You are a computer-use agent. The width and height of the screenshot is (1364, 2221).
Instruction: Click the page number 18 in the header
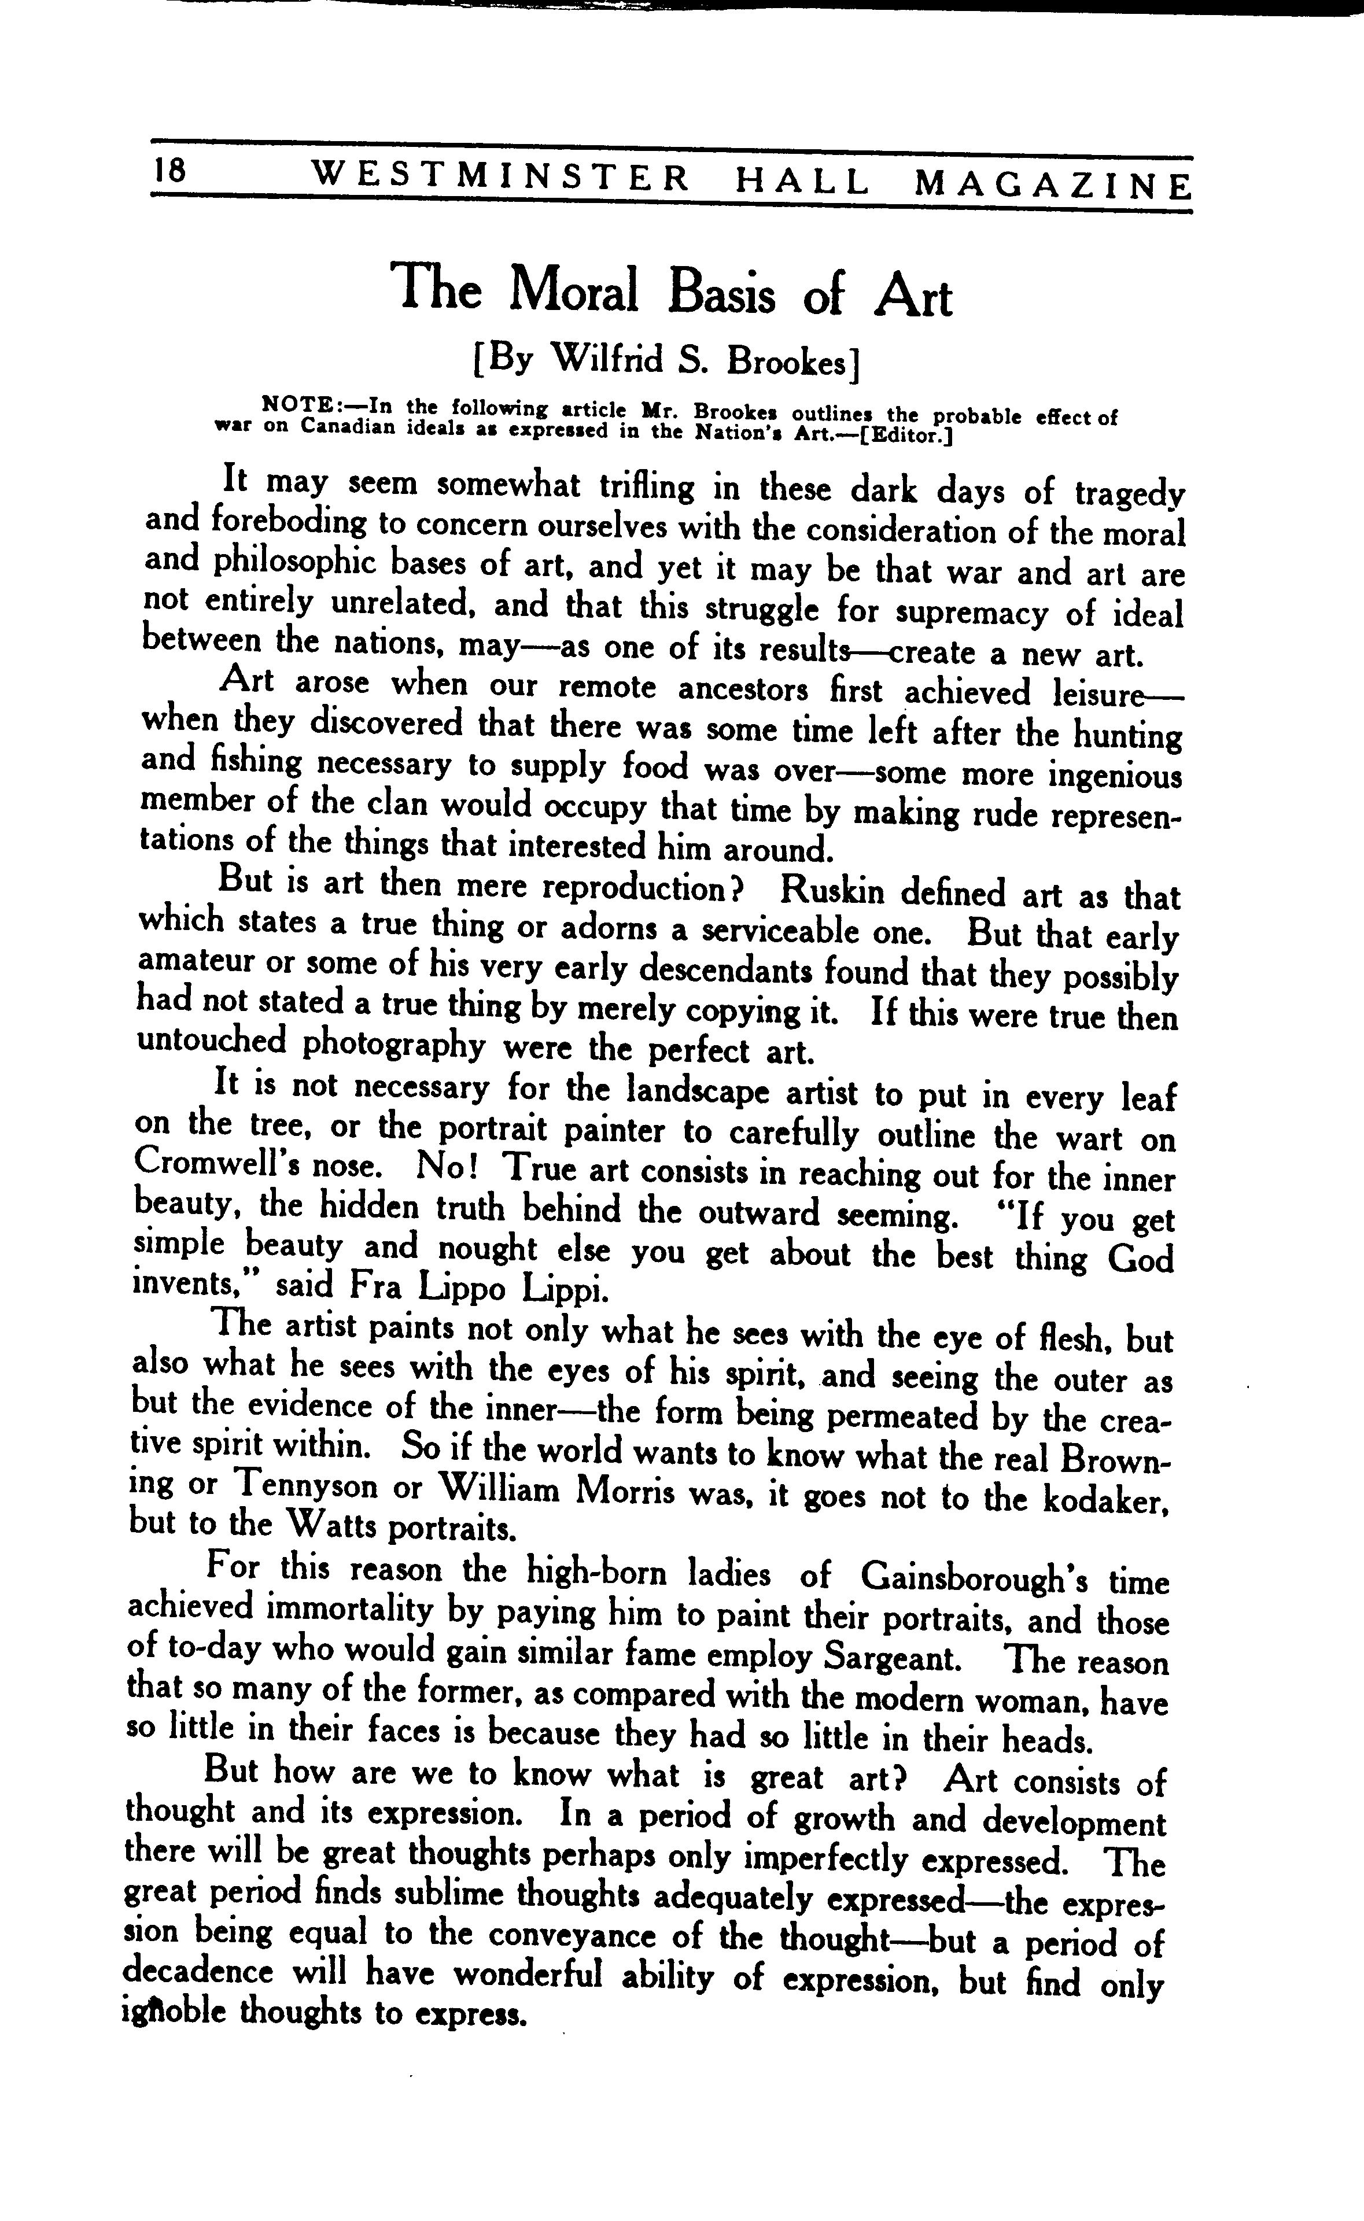(169, 171)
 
